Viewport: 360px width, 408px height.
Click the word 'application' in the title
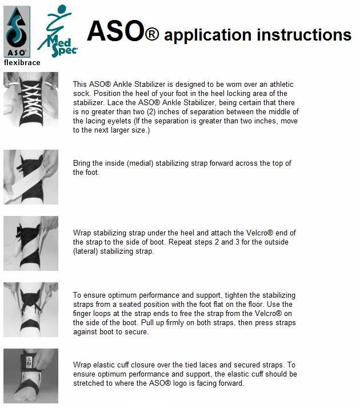[x=209, y=35]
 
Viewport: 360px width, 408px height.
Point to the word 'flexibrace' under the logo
[x=22, y=62]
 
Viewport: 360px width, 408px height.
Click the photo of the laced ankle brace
[x=31, y=103]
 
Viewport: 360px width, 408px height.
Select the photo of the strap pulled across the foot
[x=31, y=177]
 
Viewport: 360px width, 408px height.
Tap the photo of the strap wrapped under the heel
[x=31, y=243]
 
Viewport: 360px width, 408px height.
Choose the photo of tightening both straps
[x=31, y=309]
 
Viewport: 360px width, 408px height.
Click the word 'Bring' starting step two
[x=83, y=163]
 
